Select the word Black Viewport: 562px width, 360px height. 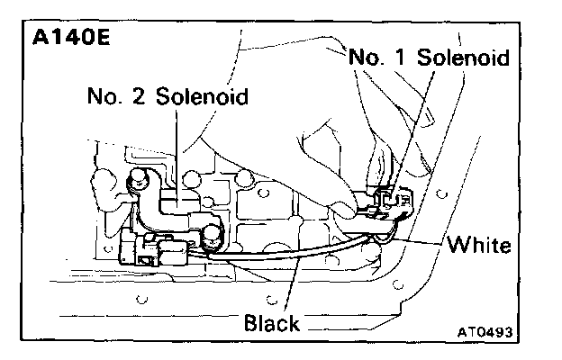pyautogui.click(x=272, y=321)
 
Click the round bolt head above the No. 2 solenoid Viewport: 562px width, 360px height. pyautogui.click(x=140, y=180)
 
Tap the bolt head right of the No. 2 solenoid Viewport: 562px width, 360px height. pyautogui.click(x=213, y=236)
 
